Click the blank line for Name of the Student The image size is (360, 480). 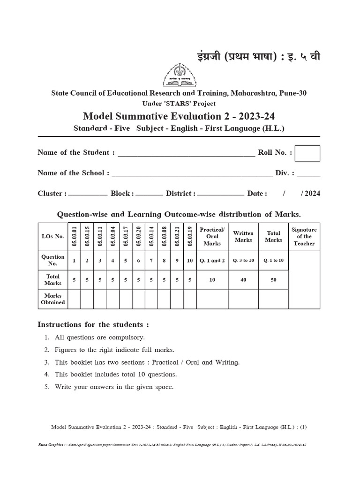coord(186,154)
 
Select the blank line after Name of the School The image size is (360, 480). coord(192,175)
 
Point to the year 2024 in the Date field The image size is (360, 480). coord(313,194)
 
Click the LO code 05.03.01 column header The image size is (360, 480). coord(74,236)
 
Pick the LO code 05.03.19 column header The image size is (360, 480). coord(190,236)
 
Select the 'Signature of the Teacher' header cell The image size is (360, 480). coord(304,236)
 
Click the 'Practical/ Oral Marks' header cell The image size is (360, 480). coord(212,236)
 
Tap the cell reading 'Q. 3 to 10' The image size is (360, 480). coord(243,260)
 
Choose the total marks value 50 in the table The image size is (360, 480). coord(273,280)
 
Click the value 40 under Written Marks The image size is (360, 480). coord(243,280)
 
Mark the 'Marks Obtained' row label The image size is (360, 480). coord(53,299)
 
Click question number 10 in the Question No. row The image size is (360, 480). coord(190,260)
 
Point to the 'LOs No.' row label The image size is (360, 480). coord(53,236)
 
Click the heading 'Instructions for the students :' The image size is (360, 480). coord(93,324)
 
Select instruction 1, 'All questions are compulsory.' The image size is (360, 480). coord(99,337)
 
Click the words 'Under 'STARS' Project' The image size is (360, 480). coord(180,104)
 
